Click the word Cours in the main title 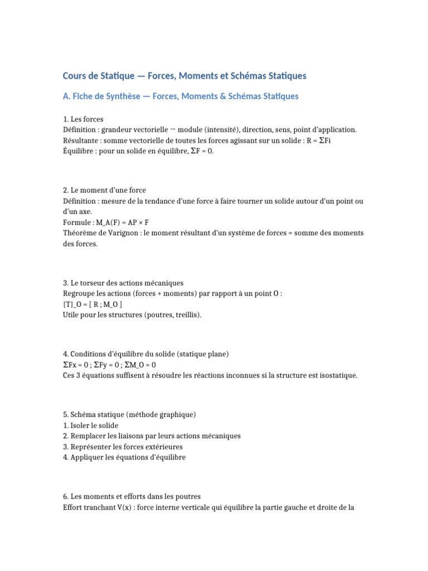pos(74,75)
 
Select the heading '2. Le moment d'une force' pos(104,191)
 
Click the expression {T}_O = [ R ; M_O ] pos(93,304)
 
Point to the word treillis pos(187,315)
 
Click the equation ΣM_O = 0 pos(140,365)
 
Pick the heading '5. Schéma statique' pos(129,415)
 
